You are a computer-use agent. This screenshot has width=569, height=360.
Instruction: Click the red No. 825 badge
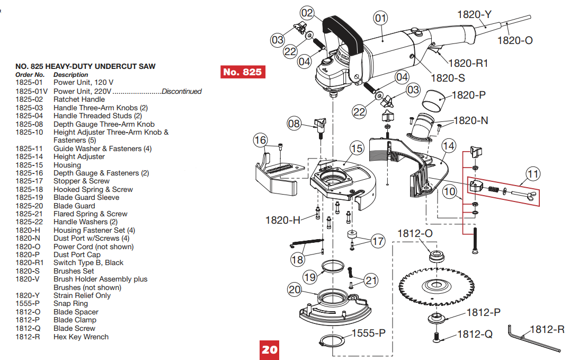click(x=242, y=72)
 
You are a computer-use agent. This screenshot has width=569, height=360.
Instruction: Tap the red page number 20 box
click(x=269, y=349)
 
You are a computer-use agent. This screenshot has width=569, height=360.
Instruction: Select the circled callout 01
click(x=380, y=19)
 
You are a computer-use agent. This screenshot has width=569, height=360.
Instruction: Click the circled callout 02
click(x=307, y=12)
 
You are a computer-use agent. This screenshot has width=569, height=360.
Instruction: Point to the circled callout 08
click(x=294, y=124)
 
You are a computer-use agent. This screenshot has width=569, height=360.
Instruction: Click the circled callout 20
click(x=295, y=289)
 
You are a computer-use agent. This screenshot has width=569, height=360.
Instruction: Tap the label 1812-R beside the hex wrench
click(x=547, y=329)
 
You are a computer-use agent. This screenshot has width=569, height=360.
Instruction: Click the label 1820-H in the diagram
click(x=283, y=219)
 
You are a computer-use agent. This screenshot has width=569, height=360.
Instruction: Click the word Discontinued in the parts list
click(x=181, y=91)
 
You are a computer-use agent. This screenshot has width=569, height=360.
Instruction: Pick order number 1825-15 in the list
click(x=29, y=165)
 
